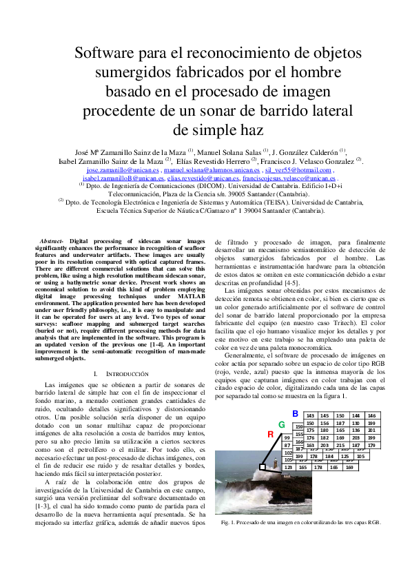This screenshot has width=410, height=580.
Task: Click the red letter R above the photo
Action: point(271,434)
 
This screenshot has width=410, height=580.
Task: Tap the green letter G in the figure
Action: point(282,424)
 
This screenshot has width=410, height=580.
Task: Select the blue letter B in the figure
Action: point(295,413)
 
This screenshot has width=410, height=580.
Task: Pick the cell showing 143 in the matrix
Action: point(310,415)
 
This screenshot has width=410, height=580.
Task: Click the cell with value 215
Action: point(340,446)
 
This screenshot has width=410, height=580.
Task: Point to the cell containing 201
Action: point(371,431)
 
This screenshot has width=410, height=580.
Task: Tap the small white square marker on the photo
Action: point(263,467)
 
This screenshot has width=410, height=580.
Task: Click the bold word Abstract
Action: point(53,240)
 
